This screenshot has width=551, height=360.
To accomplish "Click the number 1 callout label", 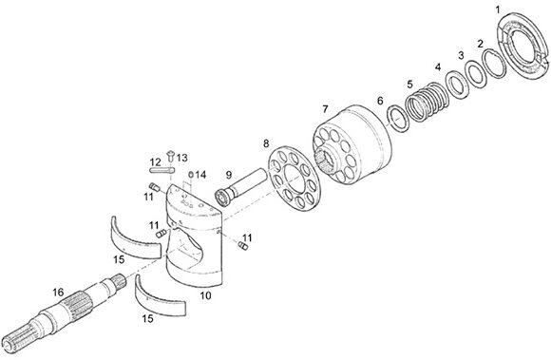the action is (497, 9).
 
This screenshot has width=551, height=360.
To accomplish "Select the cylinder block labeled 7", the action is (352, 145).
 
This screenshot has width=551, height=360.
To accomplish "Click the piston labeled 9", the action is (242, 186).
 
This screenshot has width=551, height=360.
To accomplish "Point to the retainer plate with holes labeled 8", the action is (294, 179).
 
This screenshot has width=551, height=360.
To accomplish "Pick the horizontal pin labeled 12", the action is (162, 171).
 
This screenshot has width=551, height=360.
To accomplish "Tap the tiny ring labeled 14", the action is (191, 174).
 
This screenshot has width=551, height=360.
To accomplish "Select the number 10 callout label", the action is (205, 295).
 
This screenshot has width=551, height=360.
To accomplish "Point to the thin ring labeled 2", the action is (495, 64).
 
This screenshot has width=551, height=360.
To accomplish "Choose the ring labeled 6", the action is (398, 119).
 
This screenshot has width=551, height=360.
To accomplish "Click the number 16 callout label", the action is (58, 292).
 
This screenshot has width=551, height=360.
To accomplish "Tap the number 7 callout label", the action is (325, 109).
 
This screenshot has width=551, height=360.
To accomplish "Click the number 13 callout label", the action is (182, 158).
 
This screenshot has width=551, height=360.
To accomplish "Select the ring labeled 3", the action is (476, 74).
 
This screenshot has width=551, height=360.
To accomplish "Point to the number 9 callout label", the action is (229, 174).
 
